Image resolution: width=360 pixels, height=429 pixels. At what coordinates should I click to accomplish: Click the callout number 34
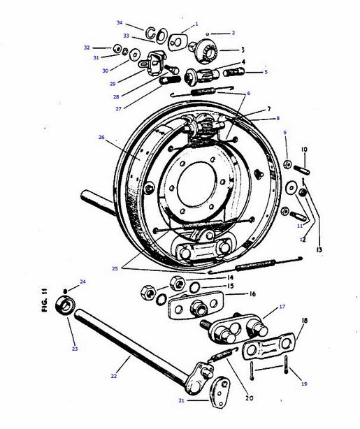tap(120, 22)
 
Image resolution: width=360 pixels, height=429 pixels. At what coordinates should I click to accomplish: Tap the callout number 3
tap(243, 50)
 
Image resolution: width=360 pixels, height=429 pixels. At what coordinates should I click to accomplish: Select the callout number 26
tap(101, 137)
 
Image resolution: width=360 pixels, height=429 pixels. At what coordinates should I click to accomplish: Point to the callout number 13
tap(319, 249)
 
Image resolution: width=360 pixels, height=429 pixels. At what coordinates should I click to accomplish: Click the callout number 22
tap(114, 376)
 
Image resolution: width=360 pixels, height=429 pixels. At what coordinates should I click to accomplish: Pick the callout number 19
tap(304, 384)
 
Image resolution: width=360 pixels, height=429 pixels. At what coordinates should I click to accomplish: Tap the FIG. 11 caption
tap(45, 300)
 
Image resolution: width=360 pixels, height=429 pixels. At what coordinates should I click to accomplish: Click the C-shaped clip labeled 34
tap(150, 34)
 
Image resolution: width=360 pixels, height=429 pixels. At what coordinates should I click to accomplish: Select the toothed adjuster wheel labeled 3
tap(207, 51)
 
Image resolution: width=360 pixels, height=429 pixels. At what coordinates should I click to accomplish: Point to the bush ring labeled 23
tap(65, 305)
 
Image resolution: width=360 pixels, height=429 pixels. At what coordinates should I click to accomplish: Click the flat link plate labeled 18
tap(268, 346)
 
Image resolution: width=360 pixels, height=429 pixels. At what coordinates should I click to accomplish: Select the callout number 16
tap(252, 294)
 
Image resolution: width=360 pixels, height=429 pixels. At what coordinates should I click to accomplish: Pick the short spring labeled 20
tap(222, 354)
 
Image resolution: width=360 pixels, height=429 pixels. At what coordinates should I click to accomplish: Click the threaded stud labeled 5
tap(234, 73)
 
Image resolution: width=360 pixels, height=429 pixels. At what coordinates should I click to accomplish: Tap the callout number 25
tap(115, 268)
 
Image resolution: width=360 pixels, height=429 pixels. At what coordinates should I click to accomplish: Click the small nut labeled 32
tap(117, 49)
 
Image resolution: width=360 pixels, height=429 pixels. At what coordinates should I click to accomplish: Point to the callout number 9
tap(285, 133)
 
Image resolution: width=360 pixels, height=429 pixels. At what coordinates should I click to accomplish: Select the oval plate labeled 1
tap(177, 42)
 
